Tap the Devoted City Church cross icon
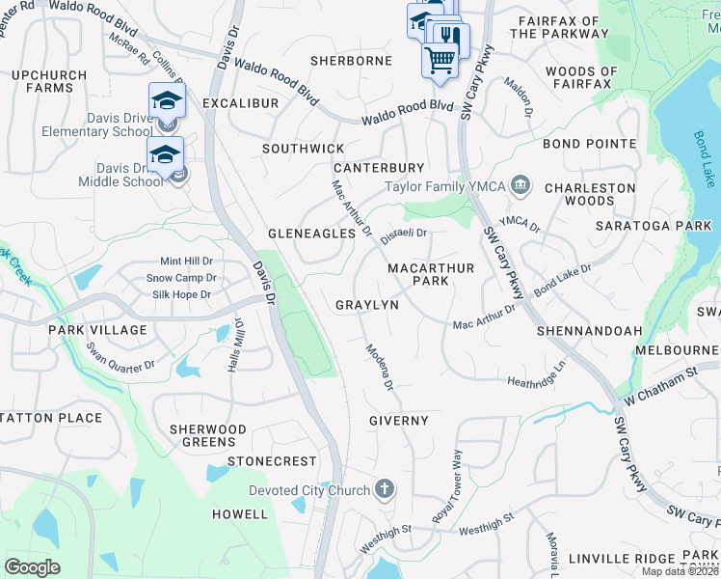pyautogui.click(x=384, y=489)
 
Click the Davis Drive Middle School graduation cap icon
pyautogui.click(x=165, y=154)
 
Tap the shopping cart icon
pyautogui.click(x=440, y=60)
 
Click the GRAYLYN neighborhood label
pyautogui.click(x=366, y=305)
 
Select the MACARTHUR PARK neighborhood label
pyautogui.click(x=431, y=274)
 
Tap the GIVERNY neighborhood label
pyautogui.click(x=398, y=421)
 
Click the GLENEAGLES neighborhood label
pyautogui.click(x=305, y=234)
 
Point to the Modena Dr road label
pyautogui.click(x=379, y=368)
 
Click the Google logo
pyautogui.click(x=32, y=567)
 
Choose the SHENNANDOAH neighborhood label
pyautogui.click(x=589, y=331)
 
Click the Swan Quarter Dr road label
pyautogui.click(x=120, y=356)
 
